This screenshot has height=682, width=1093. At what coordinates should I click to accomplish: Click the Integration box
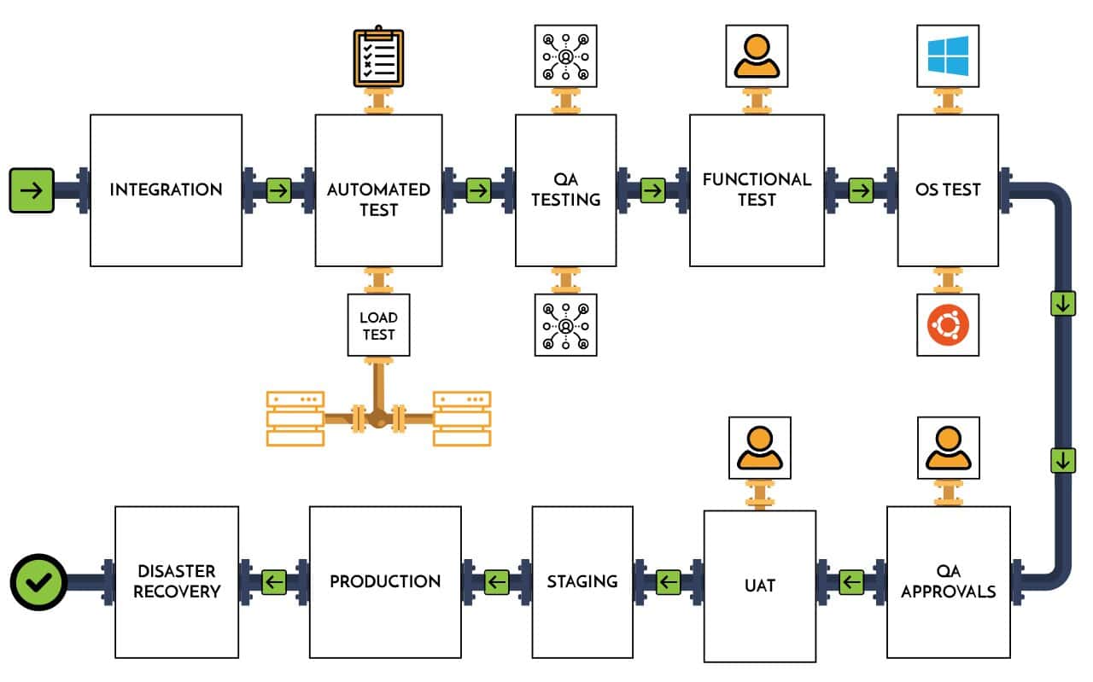coord(166,190)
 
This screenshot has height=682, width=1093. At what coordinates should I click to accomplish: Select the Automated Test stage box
coord(378,190)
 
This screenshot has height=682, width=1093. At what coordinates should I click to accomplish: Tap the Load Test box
coord(378,325)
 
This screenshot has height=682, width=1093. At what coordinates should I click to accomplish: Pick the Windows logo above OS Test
coord(948,55)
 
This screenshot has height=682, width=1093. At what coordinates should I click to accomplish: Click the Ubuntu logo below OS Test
coord(948,325)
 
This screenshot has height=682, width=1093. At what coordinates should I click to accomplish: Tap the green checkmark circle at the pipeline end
coord(38,583)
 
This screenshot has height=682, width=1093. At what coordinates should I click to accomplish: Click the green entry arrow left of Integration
coord(32,190)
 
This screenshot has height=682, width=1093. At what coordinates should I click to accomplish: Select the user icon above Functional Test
coord(757,55)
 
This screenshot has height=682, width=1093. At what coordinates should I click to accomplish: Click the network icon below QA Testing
coord(565,325)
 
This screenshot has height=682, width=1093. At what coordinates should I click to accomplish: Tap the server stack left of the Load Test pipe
coord(295,418)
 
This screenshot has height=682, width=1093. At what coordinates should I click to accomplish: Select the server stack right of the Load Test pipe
coord(462,418)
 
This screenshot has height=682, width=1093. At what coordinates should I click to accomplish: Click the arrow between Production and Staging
coord(497,583)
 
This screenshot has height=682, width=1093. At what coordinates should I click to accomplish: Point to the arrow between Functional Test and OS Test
coord(861,190)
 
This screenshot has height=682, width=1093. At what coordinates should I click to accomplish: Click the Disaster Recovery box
coord(177,582)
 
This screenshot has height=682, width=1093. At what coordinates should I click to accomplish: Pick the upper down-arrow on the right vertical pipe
coord(1062,303)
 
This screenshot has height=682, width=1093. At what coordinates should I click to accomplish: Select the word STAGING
coord(582,581)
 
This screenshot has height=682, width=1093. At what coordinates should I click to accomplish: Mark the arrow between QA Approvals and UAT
coord(851,583)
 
